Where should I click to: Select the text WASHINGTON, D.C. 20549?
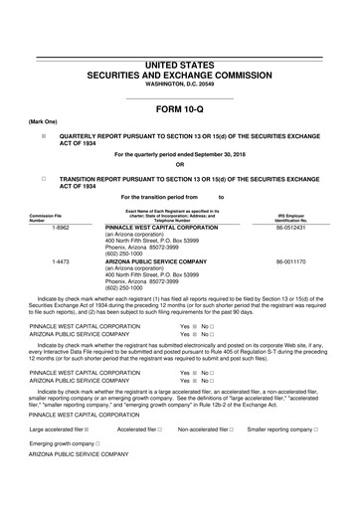pyautogui.click(x=179, y=85)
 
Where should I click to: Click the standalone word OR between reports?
pyautogui.click(x=179, y=165)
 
